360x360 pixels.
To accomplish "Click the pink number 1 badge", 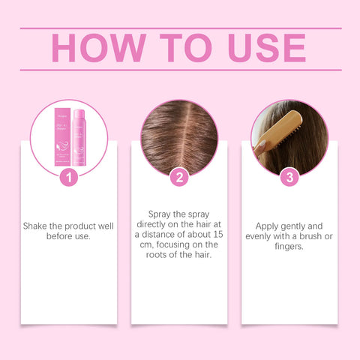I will coord(68,178).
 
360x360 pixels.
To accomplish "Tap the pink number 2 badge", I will coord(179,178).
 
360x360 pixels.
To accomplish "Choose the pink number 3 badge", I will coord(289,178).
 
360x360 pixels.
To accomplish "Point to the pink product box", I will coord(59,138).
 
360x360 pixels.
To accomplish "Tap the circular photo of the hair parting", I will coord(179,135).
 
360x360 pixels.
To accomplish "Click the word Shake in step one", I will coord(37,226).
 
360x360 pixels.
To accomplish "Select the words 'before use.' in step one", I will coord(68,236).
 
